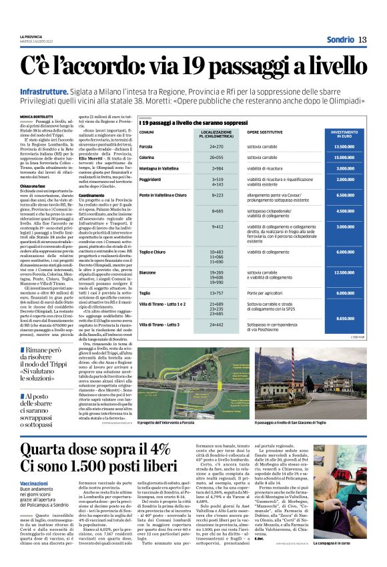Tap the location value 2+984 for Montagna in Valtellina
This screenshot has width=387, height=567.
coord(217,168)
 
